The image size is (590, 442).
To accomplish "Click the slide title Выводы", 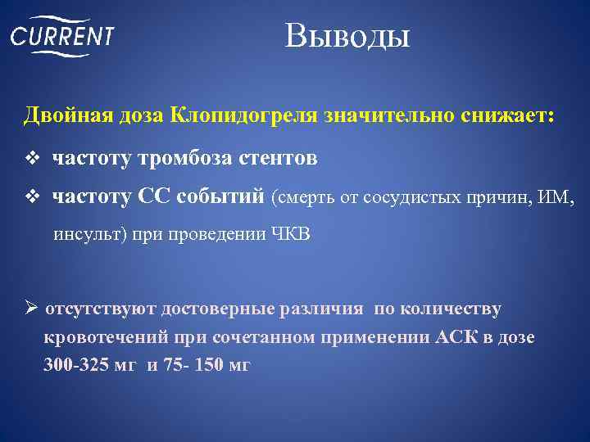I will point(347,36).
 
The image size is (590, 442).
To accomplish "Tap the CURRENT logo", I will point(62,37).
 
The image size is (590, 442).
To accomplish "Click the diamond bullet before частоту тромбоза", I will point(34,157).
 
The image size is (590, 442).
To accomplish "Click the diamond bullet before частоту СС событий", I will point(34,196).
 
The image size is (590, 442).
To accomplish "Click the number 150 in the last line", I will point(206,365).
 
